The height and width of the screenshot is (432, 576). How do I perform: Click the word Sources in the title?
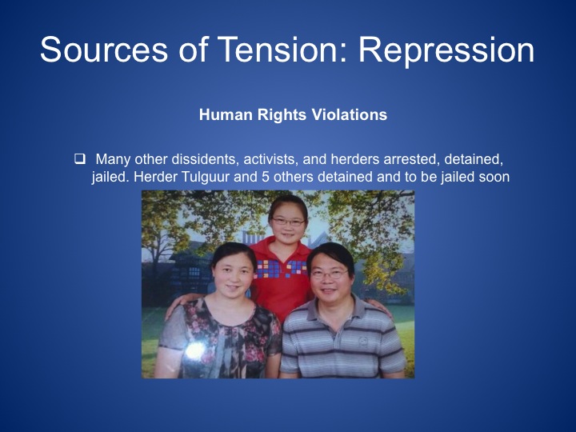pyautogui.click(x=104, y=50)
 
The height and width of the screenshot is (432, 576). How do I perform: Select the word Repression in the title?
pyautogui.click(x=446, y=50)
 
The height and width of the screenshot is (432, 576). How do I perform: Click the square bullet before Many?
pyautogui.click(x=80, y=158)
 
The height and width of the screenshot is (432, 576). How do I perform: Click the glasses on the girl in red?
pyautogui.click(x=288, y=222)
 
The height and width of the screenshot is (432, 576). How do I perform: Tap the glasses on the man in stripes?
pyautogui.click(x=330, y=274)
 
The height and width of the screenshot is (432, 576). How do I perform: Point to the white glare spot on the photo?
pyautogui.click(x=195, y=351)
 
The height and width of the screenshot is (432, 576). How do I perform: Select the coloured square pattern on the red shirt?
pyautogui.click(x=282, y=269)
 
